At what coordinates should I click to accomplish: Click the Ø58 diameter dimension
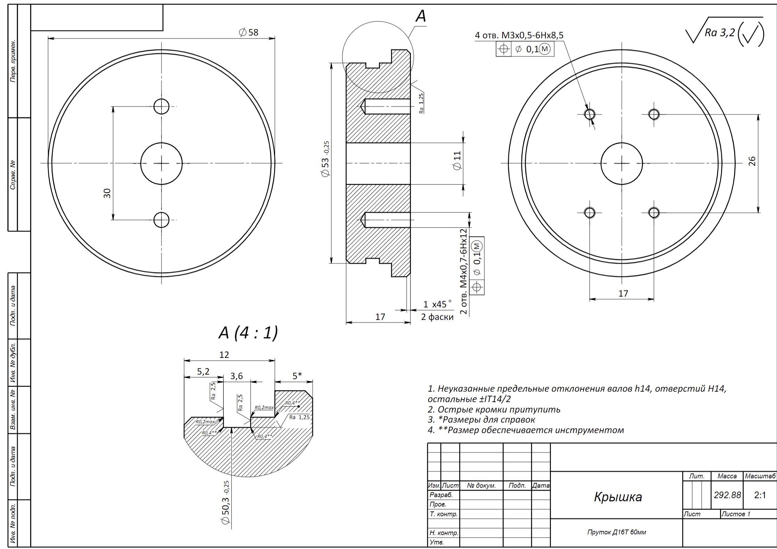click(x=249, y=32)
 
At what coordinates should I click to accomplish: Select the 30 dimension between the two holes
click(x=107, y=193)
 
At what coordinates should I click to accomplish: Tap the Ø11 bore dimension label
click(x=457, y=161)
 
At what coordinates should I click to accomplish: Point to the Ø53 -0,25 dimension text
click(x=325, y=159)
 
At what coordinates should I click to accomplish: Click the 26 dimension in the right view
click(x=752, y=161)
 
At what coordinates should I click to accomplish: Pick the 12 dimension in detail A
click(x=224, y=355)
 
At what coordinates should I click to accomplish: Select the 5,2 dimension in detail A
click(x=203, y=371)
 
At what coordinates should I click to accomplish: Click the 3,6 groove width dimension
click(x=237, y=376)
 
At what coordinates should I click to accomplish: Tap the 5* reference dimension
click(x=297, y=376)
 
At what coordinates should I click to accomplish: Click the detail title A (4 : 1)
click(x=248, y=333)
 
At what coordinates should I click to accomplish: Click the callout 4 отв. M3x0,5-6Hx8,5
click(x=519, y=35)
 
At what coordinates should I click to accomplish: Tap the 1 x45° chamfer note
click(x=437, y=304)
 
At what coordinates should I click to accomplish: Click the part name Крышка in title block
click(x=618, y=497)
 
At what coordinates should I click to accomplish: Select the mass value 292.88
click(x=727, y=495)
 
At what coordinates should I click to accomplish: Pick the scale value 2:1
click(x=760, y=495)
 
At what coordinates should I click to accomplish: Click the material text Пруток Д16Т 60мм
click(x=617, y=532)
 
